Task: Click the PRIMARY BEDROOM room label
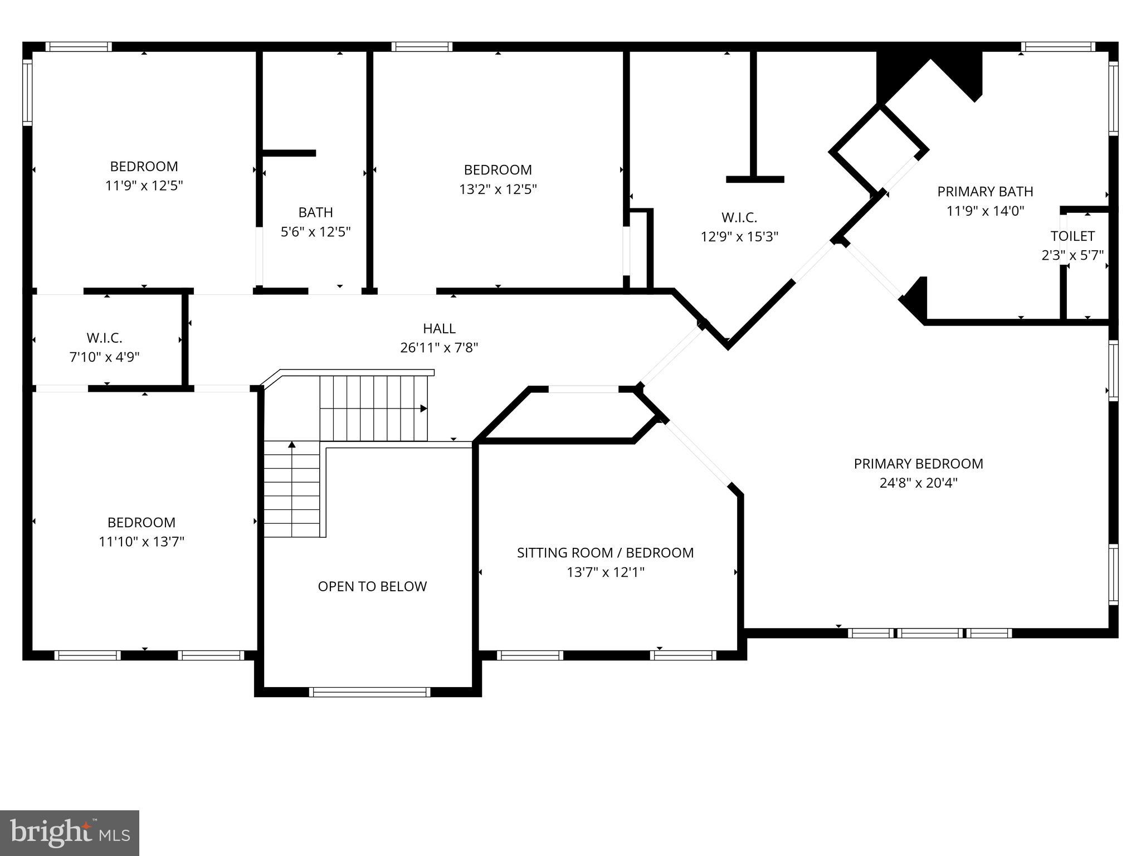tap(918, 464)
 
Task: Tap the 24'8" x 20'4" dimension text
tap(918, 483)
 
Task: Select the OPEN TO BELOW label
tap(372, 586)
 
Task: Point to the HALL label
tap(439, 328)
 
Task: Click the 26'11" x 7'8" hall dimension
tap(439, 348)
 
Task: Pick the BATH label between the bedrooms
tap(315, 212)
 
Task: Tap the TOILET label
tap(1072, 236)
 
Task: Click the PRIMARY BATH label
tap(985, 192)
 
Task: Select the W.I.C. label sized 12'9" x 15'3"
tap(739, 217)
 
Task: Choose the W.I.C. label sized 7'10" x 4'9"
tap(104, 338)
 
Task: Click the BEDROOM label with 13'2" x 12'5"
tap(498, 169)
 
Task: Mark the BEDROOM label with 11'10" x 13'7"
tap(142, 522)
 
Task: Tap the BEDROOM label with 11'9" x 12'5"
tap(144, 166)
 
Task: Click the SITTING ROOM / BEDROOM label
tap(605, 553)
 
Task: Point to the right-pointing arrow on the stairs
tap(423, 408)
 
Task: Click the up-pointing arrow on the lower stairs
tap(291, 445)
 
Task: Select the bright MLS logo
tap(69, 833)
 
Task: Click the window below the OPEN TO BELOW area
tap(369, 692)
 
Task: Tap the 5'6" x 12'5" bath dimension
tap(315, 232)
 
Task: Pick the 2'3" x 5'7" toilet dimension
tap(1072, 255)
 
